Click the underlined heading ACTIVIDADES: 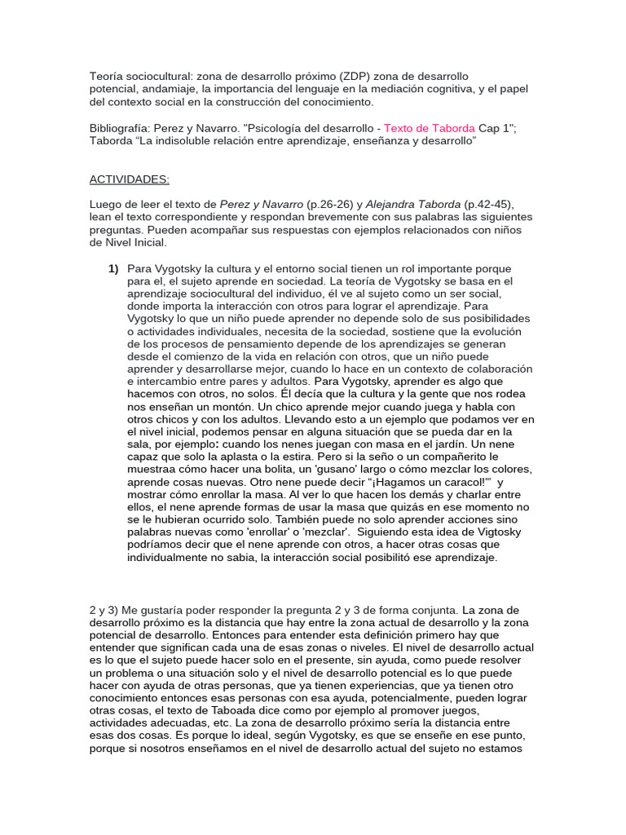click(x=130, y=179)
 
